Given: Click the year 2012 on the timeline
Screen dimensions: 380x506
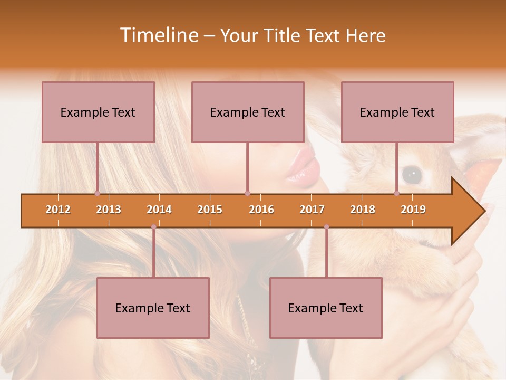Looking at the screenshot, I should pos(58,210).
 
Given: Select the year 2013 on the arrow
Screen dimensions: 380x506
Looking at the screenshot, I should pos(109,210).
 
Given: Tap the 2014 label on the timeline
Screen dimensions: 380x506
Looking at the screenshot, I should pos(159,210).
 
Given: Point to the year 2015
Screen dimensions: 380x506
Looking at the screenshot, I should pos(210,210).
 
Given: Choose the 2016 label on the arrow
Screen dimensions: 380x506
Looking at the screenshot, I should pos(261,210).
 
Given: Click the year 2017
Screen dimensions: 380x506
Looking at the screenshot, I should pos(312,210).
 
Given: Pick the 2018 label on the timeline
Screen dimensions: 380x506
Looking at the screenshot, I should pos(363,210).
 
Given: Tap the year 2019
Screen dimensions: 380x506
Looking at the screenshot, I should pos(413,210).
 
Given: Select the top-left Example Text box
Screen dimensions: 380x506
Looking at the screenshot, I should pos(98,112).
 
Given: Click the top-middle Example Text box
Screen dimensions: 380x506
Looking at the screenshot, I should pos(248,112).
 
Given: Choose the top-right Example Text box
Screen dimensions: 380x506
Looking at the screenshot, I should pos(397,112).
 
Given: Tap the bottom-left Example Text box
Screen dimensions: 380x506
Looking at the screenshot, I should pos(153,308).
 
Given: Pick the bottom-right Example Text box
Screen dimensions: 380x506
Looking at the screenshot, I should pos(326,308).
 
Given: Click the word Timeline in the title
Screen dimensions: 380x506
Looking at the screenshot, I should pos(158,35).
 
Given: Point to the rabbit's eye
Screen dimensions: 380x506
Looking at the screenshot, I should pos(412,173).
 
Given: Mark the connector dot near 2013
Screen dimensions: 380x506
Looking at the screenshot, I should pos(97,193).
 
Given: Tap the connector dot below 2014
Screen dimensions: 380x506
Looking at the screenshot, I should pos(153,227).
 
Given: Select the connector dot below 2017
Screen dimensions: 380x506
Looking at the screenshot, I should pos(326,227).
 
